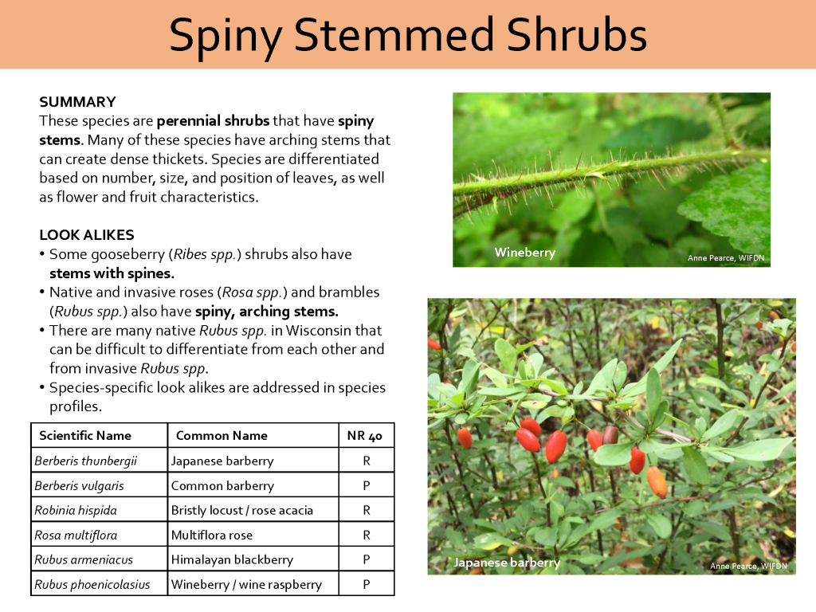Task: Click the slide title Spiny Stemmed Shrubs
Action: (x=407, y=35)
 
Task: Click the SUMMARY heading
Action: (x=77, y=102)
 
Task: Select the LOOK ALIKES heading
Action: (x=86, y=235)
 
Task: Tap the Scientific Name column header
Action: (x=85, y=435)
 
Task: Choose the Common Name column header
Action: (x=222, y=435)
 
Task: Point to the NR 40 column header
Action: (x=365, y=435)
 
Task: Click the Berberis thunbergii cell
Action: (x=86, y=461)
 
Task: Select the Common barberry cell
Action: (x=222, y=485)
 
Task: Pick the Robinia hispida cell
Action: (x=76, y=510)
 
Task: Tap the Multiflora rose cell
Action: (x=212, y=535)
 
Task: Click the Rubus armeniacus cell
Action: (x=84, y=559)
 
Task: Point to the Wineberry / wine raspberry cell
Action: (x=246, y=584)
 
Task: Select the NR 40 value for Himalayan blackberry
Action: (x=366, y=559)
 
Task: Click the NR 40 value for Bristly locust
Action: (x=366, y=510)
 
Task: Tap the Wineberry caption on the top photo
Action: (x=524, y=253)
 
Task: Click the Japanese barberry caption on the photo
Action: (x=507, y=563)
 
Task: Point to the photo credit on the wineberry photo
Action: (x=729, y=257)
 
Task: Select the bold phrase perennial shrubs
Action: (x=213, y=121)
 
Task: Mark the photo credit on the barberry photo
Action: (x=748, y=566)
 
